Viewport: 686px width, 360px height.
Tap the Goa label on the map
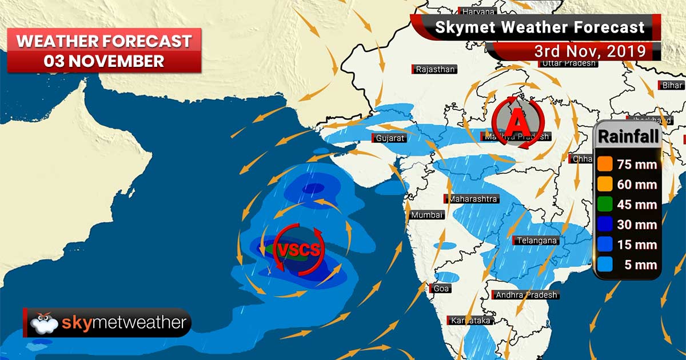pos(441,289)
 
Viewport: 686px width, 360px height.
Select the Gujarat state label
pos(390,138)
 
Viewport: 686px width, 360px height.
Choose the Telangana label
pos(536,241)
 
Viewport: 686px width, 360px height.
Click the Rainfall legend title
pos(628,136)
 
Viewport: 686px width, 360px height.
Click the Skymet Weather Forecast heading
pos(540,27)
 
